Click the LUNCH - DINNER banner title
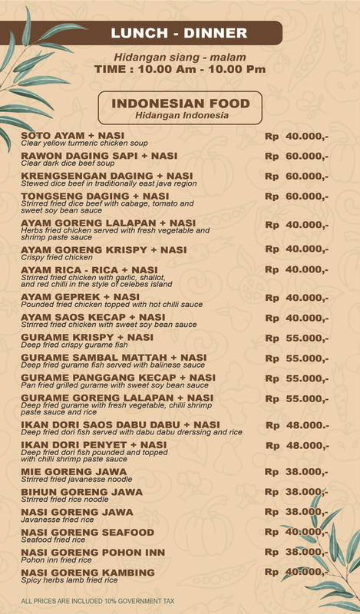pyautogui.click(x=179, y=33)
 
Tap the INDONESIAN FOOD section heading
pyautogui.click(x=181, y=104)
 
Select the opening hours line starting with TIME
pyautogui.click(x=180, y=69)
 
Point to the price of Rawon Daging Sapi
pyautogui.click(x=296, y=156)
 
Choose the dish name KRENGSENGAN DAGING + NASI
pyautogui.click(x=107, y=177)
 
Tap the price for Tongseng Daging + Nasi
pyautogui.click(x=296, y=196)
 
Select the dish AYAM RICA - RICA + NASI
pyautogui.click(x=89, y=270)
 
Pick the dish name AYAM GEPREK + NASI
pyautogui.click(x=80, y=297)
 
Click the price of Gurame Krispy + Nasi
pyautogui.click(x=296, y=338)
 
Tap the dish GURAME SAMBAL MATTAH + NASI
pyautogui.click(x=114, y=358)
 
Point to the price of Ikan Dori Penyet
pyautogui.click(x=297, y=445)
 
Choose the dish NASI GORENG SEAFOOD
pyautogui.click(x=88, y=532)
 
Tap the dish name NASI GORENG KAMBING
pyautogui.click(x=88, y=573)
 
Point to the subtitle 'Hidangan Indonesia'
pyautogui.click(x=181, y=116)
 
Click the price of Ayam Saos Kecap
pyautogui.click(x=296, y=318)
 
